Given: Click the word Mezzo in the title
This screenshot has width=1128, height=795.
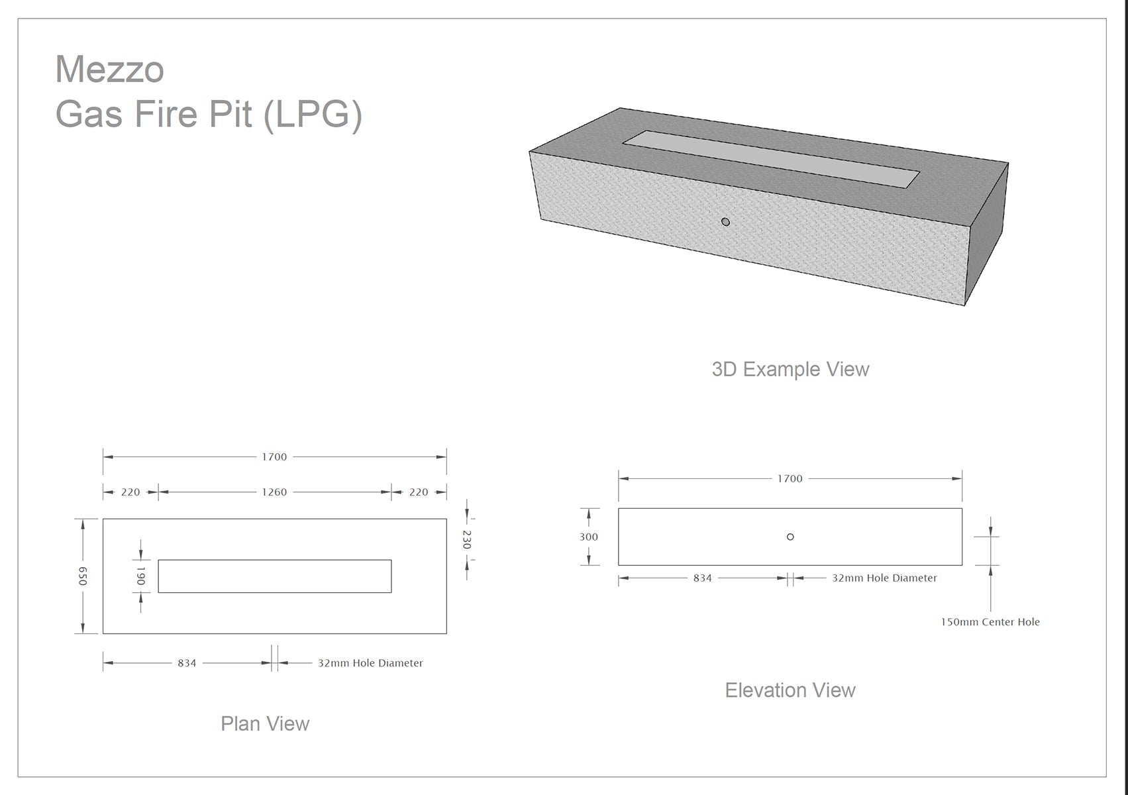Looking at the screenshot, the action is pos(109,69).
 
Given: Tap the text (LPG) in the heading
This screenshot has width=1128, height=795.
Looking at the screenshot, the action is pos(312,115).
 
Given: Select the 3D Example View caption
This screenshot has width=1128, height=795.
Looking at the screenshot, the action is pos(790,369).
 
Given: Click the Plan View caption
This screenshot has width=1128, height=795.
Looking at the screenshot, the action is pos(265,724).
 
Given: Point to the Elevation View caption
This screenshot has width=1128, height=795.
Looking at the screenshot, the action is pos(790,690).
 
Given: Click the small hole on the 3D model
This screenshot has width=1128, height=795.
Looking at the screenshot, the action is pos(726,222).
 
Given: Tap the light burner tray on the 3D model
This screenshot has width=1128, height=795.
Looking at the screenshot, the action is pos(771,159).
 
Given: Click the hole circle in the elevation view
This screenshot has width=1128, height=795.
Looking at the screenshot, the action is pos(790,537).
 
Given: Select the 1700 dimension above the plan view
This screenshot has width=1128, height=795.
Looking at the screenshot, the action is pos(274,457).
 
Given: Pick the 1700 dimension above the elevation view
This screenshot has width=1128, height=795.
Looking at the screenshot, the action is pos(790,478).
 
